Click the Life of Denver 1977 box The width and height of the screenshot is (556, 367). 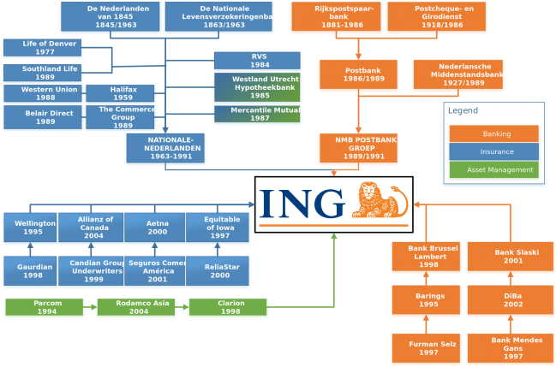click(42, 48)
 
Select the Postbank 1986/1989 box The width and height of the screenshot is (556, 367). click(358, 74)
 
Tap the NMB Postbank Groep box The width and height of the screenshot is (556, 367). click(358, 149)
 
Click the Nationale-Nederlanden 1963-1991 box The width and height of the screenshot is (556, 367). click(165, 149)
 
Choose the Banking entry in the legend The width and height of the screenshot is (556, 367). click(493, 134)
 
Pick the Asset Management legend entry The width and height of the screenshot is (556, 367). click(493, 169)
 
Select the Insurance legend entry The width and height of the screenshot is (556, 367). click(493, 151)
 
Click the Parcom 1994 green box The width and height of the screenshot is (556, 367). click(45, 307)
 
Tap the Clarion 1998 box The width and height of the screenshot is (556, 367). click(228, 307)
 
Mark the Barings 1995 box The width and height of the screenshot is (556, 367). click(426, 300)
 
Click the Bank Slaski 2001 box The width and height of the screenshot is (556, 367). click(510, 257)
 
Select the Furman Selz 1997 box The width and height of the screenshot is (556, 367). click(426, 348)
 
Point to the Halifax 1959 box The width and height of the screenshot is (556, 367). click(120, 93)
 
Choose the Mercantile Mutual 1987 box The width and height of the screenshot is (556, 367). click(257, 115)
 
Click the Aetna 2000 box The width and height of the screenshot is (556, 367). click(155, 228)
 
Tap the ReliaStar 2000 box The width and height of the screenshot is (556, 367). click(218, 271)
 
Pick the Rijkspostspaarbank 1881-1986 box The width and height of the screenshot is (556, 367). click(336, 17)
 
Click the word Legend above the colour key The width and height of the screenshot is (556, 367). click(463, 110)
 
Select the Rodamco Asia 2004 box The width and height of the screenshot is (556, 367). click(135, 307)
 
